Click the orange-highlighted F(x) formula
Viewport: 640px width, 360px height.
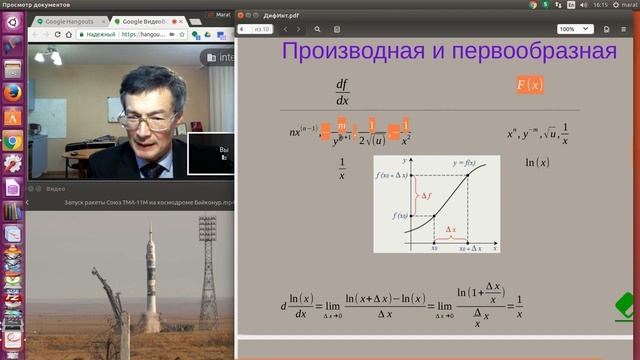pos(528,85)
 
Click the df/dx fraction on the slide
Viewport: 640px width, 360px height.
pos(342,92)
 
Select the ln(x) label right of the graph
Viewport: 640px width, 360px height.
pos(537,162)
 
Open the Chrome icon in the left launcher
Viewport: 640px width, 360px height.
pos(12,141)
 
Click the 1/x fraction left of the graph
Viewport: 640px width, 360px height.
pos(342,169)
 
